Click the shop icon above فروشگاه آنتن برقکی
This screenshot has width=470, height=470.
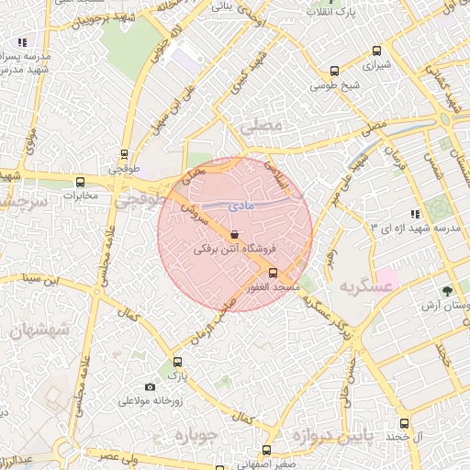(x=235, y=234)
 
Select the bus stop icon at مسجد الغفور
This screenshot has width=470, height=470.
(x=273, y=273)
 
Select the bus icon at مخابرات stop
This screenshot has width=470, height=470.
(x=80, y=182)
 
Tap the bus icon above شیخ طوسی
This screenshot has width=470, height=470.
(x=334, y=72)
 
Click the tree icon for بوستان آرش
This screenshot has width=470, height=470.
(x=447, y=290)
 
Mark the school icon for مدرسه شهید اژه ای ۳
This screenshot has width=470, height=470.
(x=416, y=213)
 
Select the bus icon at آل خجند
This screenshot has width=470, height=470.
(x=404, y=423)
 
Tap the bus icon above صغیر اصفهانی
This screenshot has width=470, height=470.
(x=267, y=450)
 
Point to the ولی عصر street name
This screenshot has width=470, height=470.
(x=121, y=455)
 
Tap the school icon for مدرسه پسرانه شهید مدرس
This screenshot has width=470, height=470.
(x=22, y=42)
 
